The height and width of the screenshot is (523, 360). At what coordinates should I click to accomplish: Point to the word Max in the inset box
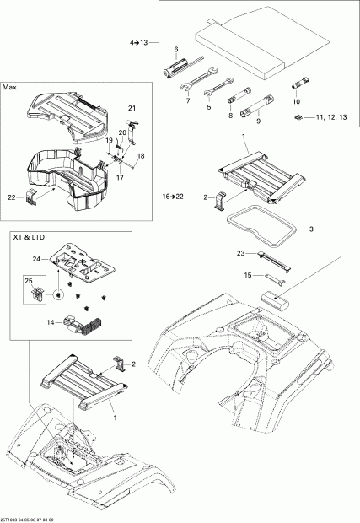[10, 88]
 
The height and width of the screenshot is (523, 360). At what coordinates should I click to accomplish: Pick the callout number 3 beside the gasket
[311, 229]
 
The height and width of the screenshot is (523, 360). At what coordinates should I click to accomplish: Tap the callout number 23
[241, 252]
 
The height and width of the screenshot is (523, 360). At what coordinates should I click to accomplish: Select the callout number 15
[248, 275]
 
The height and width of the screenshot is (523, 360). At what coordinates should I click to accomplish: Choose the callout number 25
[27, 280]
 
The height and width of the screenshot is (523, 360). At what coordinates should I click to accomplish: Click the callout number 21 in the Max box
[132, 109]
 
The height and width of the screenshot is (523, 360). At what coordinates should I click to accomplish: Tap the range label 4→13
[138, 41]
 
